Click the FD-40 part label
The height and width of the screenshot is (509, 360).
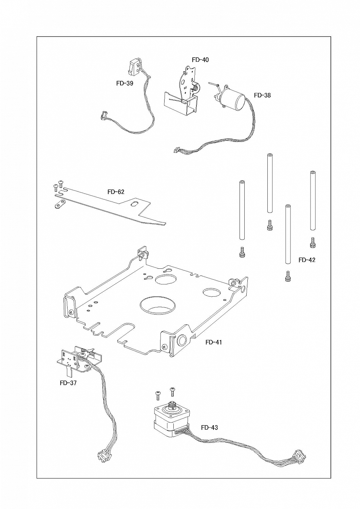[x=200, y=60]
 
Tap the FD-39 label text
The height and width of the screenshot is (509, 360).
[x=125, y=83]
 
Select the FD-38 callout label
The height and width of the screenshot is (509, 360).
[x=262, y=95]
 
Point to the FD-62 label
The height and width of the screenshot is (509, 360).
[x=116, y=192]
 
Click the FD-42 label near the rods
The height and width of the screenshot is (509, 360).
[x=307, y=260]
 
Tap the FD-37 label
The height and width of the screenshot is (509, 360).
[x=68, y=383]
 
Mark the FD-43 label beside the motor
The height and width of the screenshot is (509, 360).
[x=209, y=428]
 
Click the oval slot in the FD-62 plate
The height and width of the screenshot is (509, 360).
[x=134, y=204]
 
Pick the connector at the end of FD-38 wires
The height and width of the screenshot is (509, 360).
[x=176, y=150]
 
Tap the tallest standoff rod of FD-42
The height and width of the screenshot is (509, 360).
[x=269, y=183]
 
